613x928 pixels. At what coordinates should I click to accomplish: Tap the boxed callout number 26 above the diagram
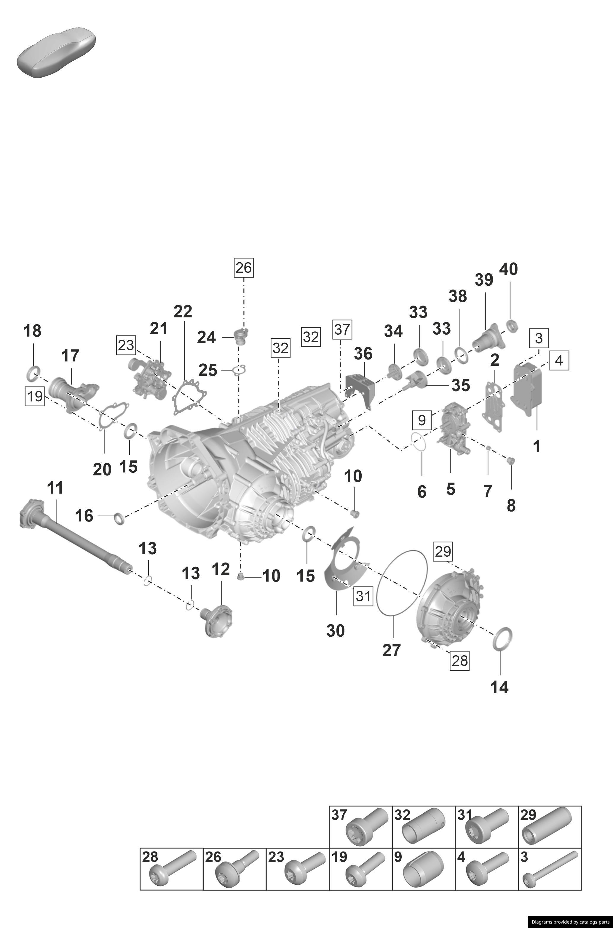[244, 268]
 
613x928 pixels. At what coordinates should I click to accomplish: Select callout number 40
[509, 269]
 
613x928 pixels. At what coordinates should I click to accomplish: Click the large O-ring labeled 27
[402, 582]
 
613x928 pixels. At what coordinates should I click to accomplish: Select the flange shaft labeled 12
[217, 619]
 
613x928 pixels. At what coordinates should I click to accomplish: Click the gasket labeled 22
[189, 396]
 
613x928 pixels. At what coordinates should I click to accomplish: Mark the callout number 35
[461, 385]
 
